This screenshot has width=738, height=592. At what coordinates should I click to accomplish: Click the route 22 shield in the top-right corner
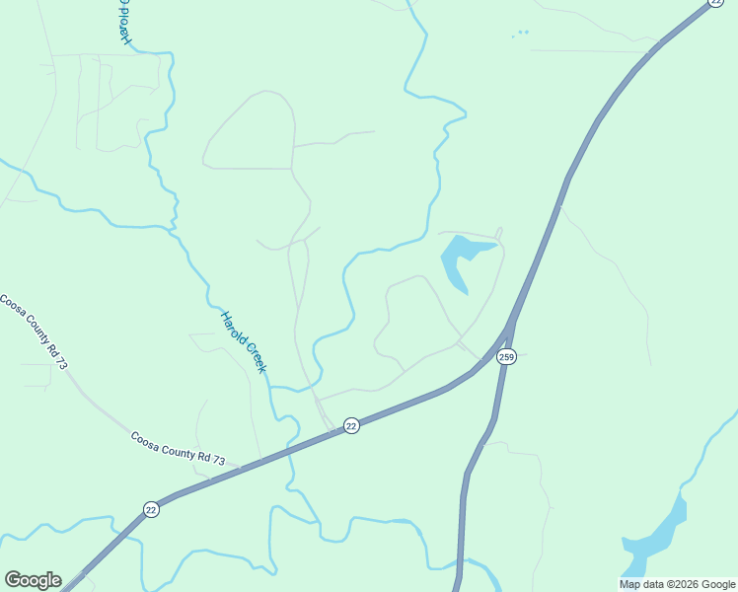tap(715, 3)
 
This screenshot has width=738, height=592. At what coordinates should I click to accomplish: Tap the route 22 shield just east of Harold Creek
tap(351, 425)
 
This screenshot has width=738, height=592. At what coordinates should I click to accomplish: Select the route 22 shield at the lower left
tap(150, 509)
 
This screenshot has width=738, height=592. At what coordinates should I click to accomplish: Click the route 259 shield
tap(506, 357)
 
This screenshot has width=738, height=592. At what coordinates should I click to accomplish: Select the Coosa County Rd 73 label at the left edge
tap(34, 332)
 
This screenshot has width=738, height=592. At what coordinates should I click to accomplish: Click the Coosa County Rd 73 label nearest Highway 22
tap(179, 448)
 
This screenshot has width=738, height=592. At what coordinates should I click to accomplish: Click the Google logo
tap(33, 580)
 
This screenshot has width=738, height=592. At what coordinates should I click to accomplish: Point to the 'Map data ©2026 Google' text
tap(676, 584)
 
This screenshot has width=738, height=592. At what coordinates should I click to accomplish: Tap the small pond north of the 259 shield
tap(462, 259)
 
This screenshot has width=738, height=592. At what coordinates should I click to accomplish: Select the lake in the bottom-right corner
tap(655, 538)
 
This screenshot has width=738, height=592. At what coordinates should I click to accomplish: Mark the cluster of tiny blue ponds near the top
tap(521, 34)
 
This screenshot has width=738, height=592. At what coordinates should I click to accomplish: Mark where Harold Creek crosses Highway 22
tap(289, 450)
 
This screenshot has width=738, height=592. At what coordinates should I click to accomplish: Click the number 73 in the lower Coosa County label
tap(217, 461)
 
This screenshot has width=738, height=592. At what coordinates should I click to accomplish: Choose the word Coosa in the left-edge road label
tap(13, 308)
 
